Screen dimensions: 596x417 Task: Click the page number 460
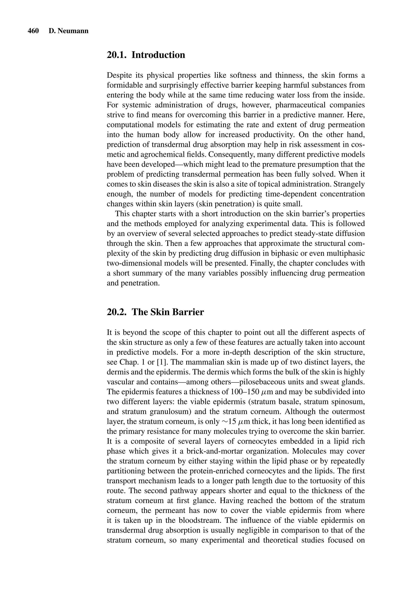[x=33, y=31]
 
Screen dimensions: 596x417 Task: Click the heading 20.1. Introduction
[x=146, y=55]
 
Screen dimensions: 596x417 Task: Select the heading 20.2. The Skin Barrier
[x=155, y=312]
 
